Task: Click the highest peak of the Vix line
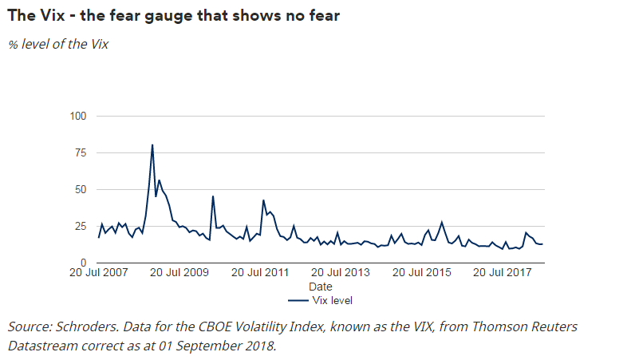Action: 152,145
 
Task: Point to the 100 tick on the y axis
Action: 78,117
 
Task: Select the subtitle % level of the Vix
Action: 58,44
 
